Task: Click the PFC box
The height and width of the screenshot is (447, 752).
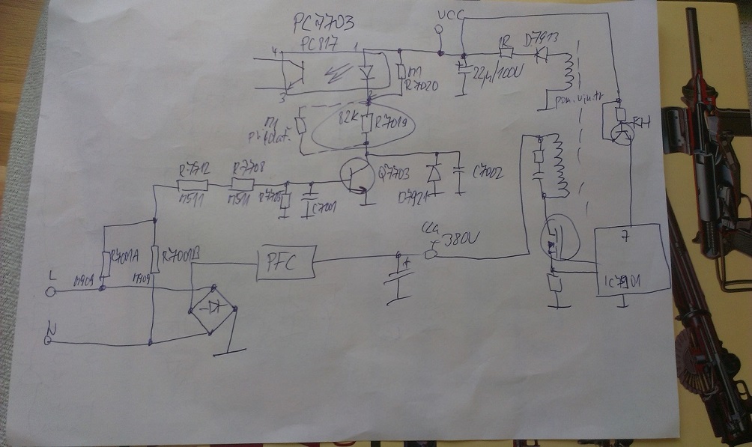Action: (x=285, y=261)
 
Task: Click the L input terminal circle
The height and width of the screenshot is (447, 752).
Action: (x=50, y=292)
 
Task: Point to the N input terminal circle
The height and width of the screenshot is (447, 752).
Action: (x=49, y=341)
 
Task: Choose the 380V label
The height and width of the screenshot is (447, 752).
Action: (x=458, y=242)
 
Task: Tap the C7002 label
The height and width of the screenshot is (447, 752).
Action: (x=488, y=173)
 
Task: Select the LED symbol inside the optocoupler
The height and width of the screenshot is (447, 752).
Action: (x=366, y=72)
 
